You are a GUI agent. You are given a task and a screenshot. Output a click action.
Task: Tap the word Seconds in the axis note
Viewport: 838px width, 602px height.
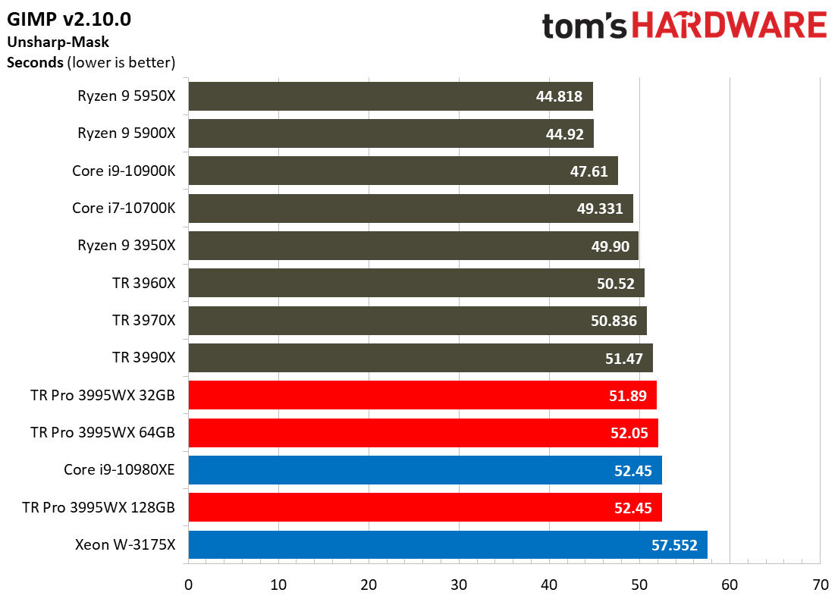pos(35,63)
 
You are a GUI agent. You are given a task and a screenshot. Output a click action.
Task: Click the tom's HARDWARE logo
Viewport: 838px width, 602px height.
pos(683,27)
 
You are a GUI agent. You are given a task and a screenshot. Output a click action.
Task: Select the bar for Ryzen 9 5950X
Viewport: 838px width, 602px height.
pos(390,96)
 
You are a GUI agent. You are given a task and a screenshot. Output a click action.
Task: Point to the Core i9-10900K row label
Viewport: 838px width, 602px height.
pos(124,171)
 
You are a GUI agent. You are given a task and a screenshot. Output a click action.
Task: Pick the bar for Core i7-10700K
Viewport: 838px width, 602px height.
pos(410,208)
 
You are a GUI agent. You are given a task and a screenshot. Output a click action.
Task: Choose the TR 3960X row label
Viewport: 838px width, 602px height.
pos(143,282)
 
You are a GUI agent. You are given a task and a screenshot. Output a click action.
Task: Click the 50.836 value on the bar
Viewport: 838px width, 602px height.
pos(614,320)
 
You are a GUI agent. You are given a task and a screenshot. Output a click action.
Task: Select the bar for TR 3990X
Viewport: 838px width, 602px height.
pos(420,357)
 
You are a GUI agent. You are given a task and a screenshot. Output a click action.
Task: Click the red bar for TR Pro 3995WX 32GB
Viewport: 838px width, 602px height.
pos(422,395)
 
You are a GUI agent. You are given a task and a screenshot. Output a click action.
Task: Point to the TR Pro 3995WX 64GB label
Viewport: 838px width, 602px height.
pos(103,432)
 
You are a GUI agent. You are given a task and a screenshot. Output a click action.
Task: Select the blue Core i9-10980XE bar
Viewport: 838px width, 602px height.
pos(425,470)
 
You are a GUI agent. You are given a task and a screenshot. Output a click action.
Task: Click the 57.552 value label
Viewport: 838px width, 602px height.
pos(674,544)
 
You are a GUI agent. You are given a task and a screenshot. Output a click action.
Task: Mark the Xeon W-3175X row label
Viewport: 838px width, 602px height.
pos(125,544)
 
